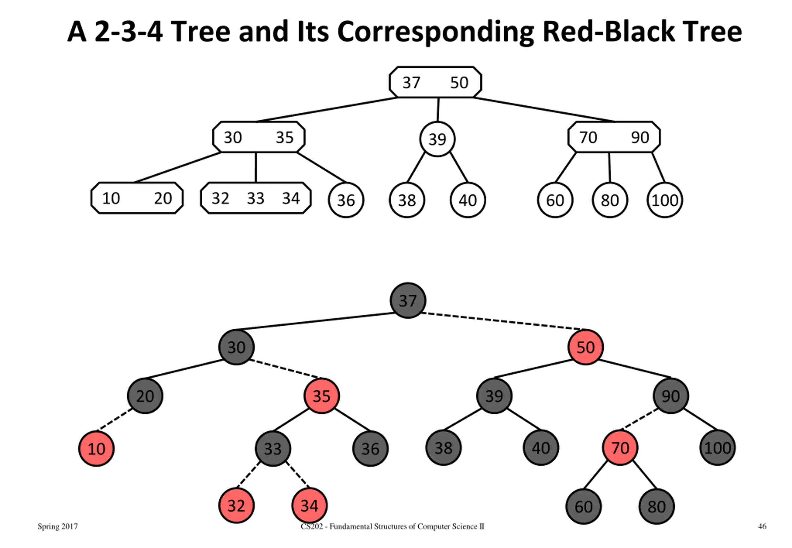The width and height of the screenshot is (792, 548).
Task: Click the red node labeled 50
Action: pos(585,347)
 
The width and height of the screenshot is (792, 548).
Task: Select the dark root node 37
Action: pos(408,300)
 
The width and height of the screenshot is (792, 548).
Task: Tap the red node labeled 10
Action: pos(97,448)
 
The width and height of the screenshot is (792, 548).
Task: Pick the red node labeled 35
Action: pos(321,396)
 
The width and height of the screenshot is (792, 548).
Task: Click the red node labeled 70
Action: pos(620,447)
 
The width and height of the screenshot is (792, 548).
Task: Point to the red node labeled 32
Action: pos(236,505)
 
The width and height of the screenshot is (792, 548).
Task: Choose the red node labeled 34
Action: pos(309,505)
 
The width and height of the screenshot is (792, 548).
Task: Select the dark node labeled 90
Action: pos(671,396)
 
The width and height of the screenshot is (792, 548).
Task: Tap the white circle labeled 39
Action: pos(437,139)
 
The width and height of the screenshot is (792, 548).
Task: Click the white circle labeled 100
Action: pos(665,200)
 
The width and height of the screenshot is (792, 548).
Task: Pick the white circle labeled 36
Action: pos(346,200)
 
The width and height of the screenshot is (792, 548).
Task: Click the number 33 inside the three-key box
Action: pos(256,198)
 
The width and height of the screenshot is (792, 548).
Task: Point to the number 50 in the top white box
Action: pos(459,82)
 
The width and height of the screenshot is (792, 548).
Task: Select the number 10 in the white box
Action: pos(111,198)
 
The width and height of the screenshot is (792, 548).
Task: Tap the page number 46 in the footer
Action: pos(762,526)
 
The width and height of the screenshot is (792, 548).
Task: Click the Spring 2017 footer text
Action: pos(58,526)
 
